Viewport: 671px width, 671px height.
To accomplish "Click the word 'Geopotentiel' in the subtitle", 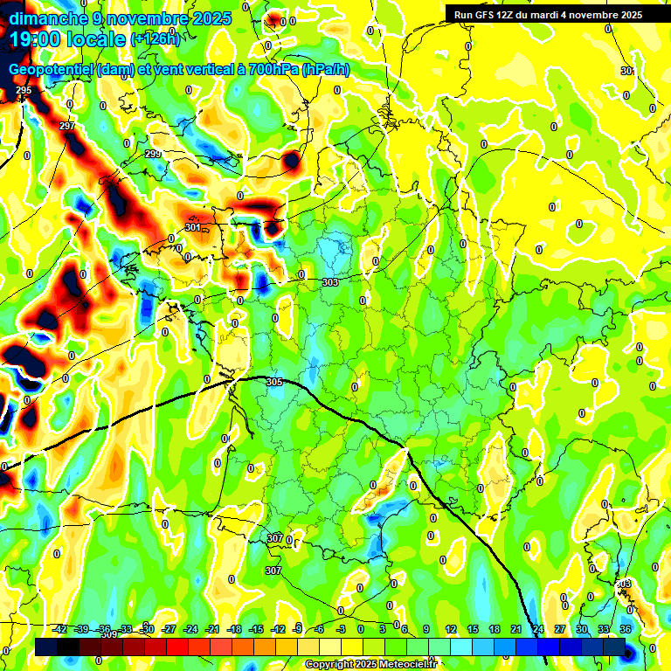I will point(52,70).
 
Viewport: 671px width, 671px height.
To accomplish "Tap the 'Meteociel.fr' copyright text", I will point(403,665).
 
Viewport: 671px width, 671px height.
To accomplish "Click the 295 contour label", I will point(24,91).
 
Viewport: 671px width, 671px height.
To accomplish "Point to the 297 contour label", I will point(67,127).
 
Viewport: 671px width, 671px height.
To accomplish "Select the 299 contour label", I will point(153,154).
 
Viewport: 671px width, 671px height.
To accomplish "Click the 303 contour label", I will point(329,282).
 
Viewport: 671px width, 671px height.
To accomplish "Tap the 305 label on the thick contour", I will point(274,383).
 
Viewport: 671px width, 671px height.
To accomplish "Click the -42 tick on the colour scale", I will point(60,629).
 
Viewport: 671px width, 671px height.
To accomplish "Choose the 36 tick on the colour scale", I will point(625,629).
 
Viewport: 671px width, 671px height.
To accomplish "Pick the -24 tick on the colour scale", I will point(190,629).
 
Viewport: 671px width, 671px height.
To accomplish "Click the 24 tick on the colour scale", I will point(538,629).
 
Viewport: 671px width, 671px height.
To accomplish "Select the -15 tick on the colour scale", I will point(256,629).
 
